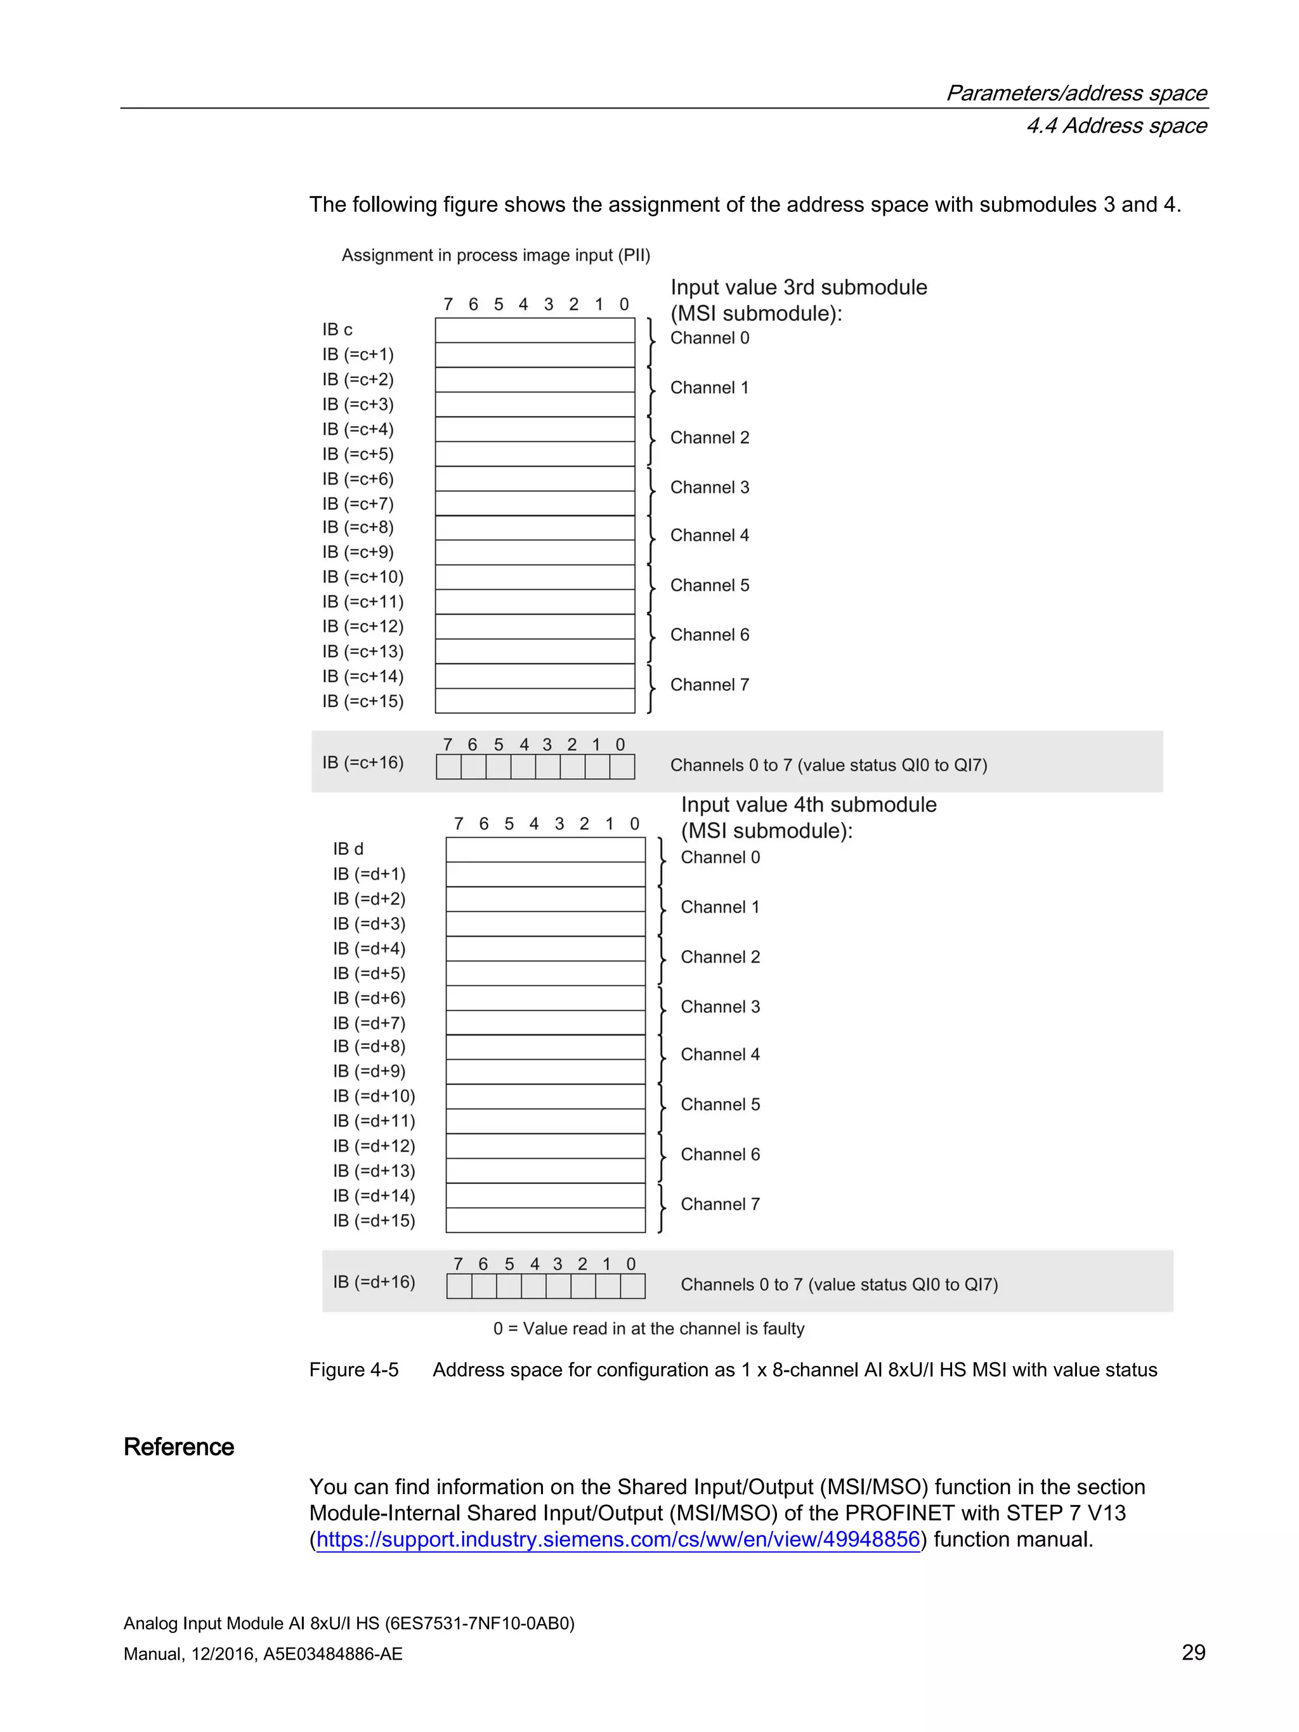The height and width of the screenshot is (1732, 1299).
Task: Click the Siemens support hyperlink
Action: coord(618,1539)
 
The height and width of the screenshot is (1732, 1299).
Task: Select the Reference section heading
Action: coord(178,1447)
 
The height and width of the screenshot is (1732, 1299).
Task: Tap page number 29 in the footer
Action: coord(1192,1652)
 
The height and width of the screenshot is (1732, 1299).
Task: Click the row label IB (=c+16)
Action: coord(363,763)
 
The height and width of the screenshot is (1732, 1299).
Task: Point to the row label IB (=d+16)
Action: coord(374,1282)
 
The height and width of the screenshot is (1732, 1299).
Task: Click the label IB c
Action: coord(337,330)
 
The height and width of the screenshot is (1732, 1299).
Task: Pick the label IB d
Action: coord(348,849)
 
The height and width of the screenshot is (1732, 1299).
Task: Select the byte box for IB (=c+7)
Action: coord(535,504)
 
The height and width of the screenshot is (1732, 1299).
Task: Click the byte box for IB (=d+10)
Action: coord(545,1096)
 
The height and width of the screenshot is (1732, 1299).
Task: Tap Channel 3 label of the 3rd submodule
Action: coord(709,487)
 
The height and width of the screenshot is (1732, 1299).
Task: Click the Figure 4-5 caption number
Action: coord(354,1369)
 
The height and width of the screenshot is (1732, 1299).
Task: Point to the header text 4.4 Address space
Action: coord(1116,126)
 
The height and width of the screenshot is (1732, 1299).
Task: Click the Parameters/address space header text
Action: coord(1076,93)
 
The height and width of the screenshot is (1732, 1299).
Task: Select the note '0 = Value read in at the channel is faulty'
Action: coord(648,1329)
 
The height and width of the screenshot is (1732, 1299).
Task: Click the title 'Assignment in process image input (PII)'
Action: coord(495,255)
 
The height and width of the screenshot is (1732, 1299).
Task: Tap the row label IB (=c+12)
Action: coord(363,627)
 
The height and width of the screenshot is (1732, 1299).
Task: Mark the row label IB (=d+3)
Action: coord(369,924)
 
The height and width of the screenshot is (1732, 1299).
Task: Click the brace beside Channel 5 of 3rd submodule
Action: coord(651,589)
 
